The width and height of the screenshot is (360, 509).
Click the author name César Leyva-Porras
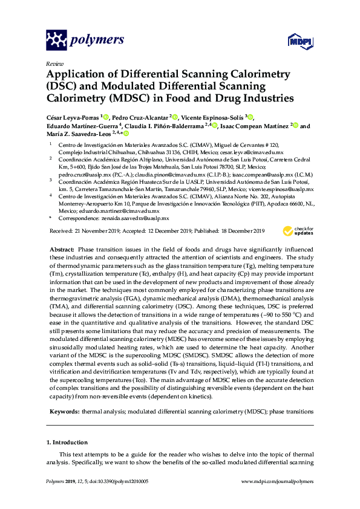point(73,117)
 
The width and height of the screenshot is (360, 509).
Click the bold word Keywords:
point(64,411)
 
